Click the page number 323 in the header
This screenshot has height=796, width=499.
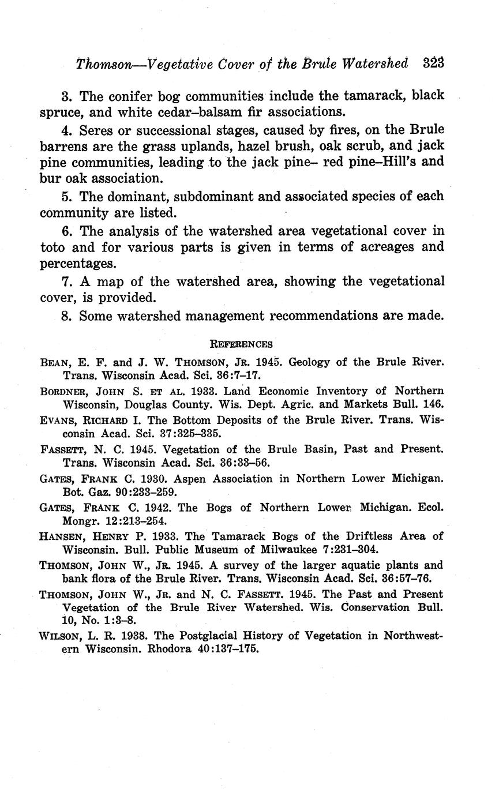pos(433,63)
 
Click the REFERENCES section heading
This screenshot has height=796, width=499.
pos(241,344)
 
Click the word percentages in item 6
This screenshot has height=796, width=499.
pos(74,264)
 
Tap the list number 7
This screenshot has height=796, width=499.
pos(65,281)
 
